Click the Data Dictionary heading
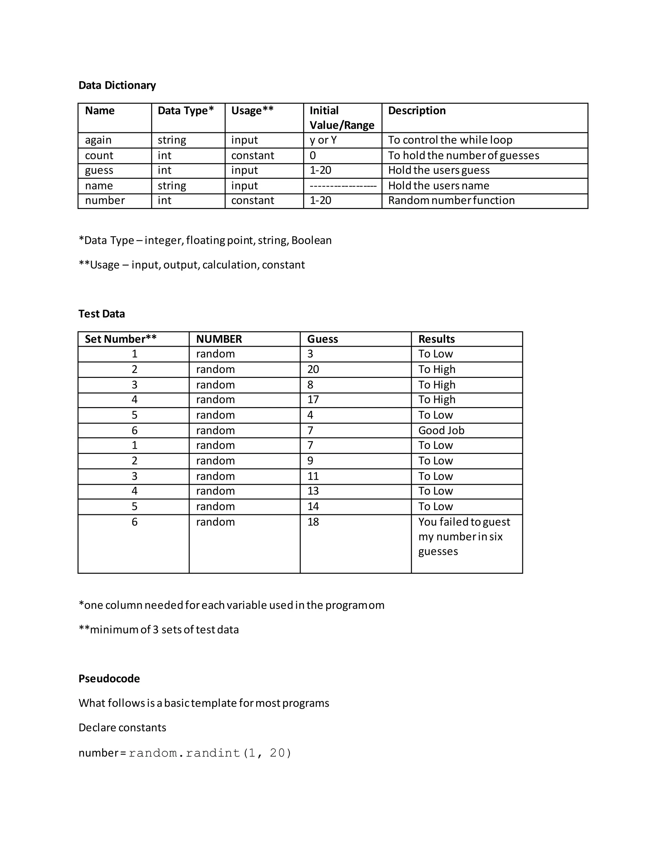point(117,85)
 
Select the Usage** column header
point(252,110)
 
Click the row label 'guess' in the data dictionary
point(99,170)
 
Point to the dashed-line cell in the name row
point(342,186)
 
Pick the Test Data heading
point(101,314)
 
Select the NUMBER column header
point(219,339)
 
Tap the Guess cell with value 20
point(313,369)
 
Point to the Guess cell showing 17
point(313,400)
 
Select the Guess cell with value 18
point(313,522)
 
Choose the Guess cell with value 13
point(313,491)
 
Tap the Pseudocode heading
point(109,678)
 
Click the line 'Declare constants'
point(122,727)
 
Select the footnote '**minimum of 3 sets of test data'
point(159,630)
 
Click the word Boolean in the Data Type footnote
point(311,240)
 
